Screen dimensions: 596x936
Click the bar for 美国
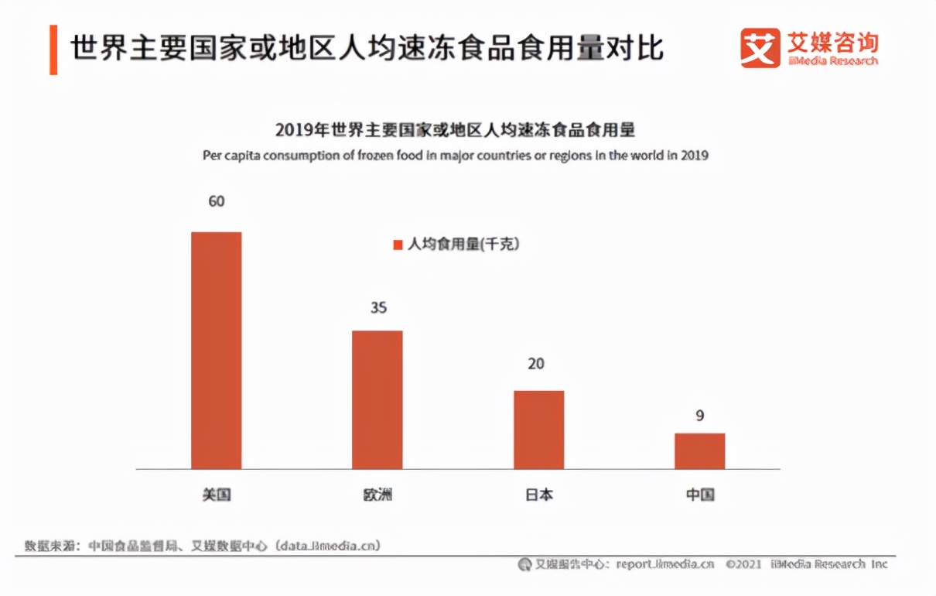[217, 350]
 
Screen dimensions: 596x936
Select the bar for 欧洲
[377, 399]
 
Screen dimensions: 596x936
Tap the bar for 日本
[539, 430]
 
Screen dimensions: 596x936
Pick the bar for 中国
[700, 450]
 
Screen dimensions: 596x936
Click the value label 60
[217, 201]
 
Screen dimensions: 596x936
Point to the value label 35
[377, 308]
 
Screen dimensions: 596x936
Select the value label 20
[537, 364]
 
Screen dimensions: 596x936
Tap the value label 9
[700, 416]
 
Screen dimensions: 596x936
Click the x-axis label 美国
[217, 495]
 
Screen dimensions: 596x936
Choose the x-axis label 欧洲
[377, 495]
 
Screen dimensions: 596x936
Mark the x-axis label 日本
[539, 495]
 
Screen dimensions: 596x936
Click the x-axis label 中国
[700, 495]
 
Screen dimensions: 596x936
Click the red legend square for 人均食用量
[398, 245]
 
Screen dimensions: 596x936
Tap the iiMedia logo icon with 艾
[760, 48]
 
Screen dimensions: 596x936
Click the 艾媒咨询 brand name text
[832, 40]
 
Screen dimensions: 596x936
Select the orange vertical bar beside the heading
[53, 50]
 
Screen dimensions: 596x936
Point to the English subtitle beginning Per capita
[456, 155]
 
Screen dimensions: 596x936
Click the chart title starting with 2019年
[455, 129]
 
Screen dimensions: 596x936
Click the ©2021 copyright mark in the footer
[744, 564]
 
